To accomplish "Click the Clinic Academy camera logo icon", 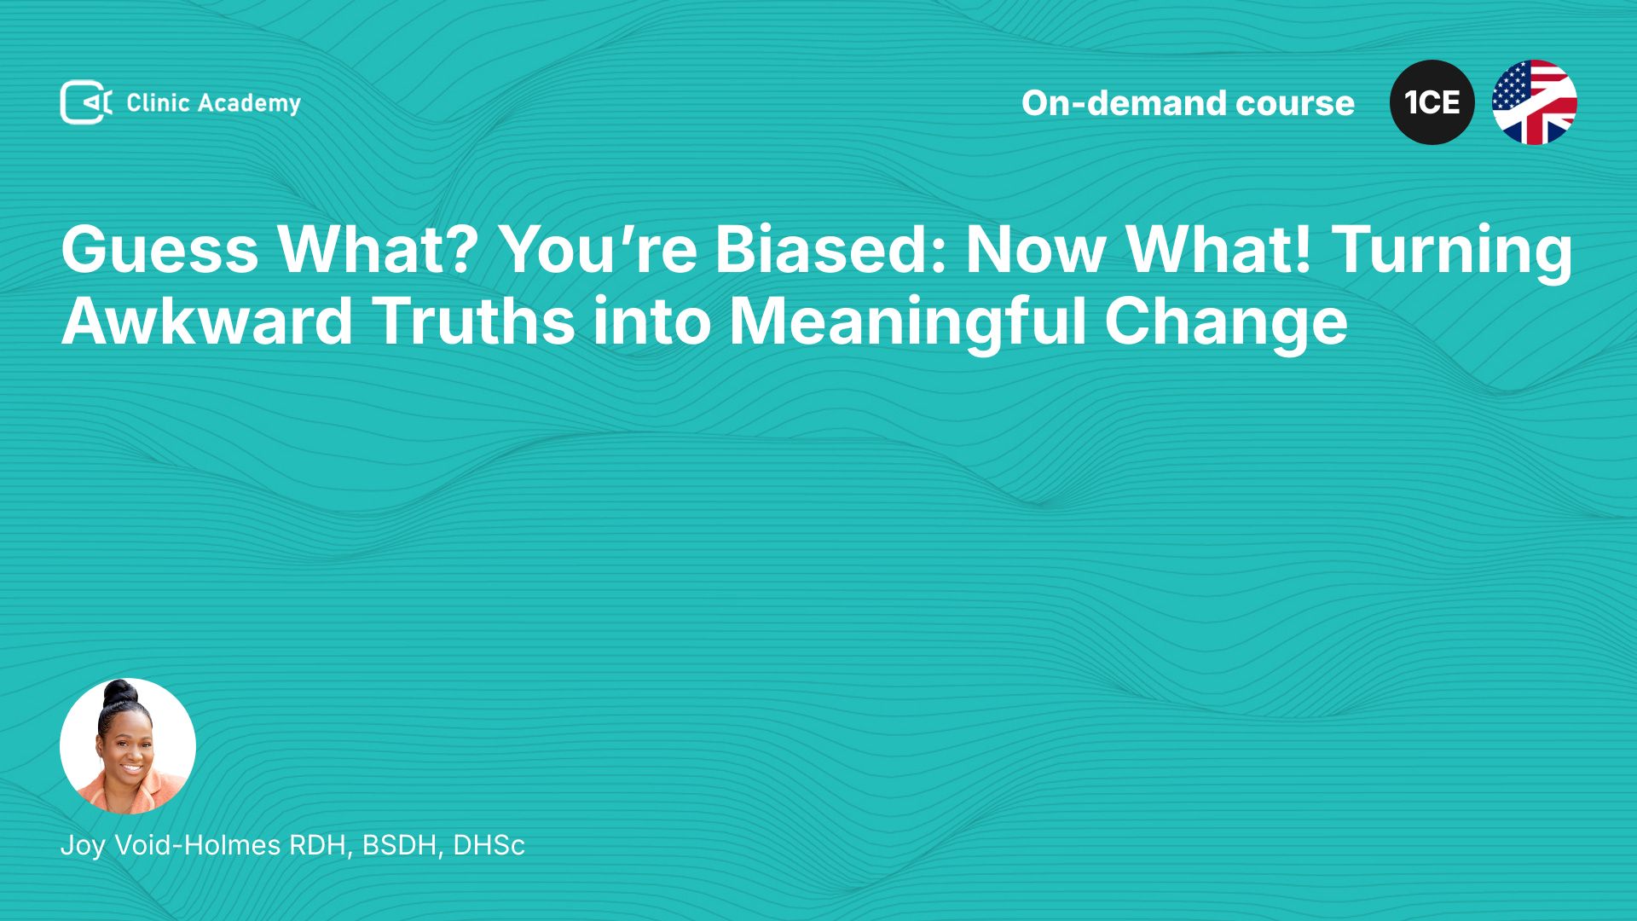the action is tap(86, 102).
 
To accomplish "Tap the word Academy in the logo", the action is tap(249, 104).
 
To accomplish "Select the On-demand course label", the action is tap(1188, 102).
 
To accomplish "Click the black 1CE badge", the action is tap(1432, 102).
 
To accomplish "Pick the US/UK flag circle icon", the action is tap(1535, 102).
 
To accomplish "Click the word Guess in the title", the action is tap(159, 249).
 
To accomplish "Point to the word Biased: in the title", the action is tap(830, 249).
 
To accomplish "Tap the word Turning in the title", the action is tap(1452, 252).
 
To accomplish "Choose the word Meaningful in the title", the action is tap(907, 324).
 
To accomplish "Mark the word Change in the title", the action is tap(1226, 324).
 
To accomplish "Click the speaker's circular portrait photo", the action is tap(128, 746).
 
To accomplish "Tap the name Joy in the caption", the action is tap(83, 846).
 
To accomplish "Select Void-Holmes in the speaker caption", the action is tap(198, 845).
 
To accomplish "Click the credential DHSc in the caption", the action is tap(489, 845).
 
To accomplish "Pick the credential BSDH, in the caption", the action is tap(402, 846).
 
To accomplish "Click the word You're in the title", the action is tap(598, 249).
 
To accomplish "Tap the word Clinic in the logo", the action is tap(158, 103).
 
